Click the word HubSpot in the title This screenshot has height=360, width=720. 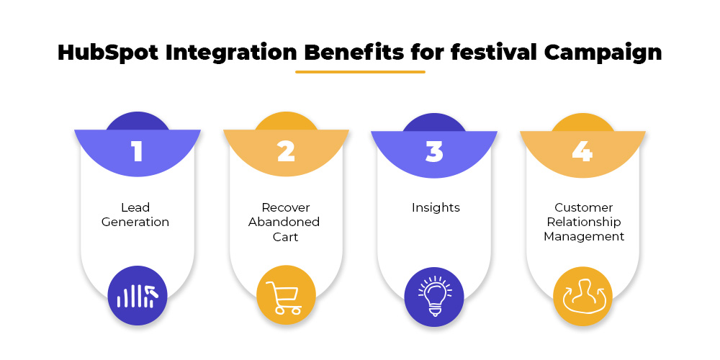[x=108, y=53]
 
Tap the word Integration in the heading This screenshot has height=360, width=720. [x=231, y=53]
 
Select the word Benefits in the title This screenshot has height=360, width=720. [x=354, y=53]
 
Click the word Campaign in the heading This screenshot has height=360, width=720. [x=603, y=53]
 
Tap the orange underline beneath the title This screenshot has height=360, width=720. [x=360, y=71]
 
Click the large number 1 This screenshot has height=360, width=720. [x=137, y=151]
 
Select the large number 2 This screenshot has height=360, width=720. [x=286, y=151]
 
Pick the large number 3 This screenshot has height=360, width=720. [x=434, y=151]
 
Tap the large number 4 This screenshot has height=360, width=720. [x=582, y=151]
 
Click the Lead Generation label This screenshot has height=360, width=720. [x=135, y=215]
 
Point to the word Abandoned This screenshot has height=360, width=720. [x=284, y=222]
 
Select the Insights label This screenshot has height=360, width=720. [x=436, y=207]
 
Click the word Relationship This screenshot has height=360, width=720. [x=584, y=222]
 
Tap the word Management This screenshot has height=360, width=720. [x=584, y=236]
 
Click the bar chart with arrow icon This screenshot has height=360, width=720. [x=138, y=296]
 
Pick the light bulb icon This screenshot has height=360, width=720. [x=435, y=296]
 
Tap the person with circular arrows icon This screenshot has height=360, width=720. [x=583, y=296]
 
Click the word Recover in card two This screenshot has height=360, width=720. [x=286, y=207]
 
